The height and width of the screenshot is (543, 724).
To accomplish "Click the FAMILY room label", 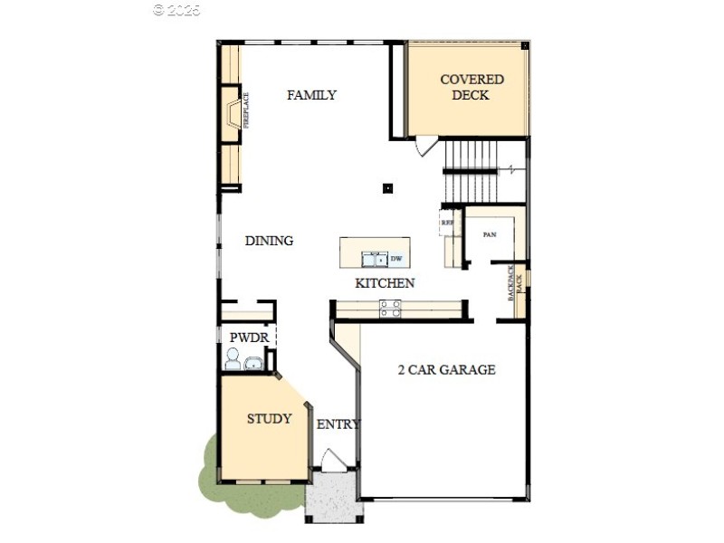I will point(311,95).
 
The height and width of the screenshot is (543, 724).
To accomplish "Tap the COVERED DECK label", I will point(471,87).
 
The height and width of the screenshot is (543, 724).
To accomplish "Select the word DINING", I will point(269,241).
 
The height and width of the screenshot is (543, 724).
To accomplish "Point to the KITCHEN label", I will point(385,283).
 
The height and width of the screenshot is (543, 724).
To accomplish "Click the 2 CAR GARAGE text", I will point(447,369).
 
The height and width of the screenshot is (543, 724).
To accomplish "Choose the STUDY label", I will point(270,419).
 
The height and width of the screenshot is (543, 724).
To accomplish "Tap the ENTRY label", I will point(338,424).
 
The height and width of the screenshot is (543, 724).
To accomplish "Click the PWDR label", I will point(247,338).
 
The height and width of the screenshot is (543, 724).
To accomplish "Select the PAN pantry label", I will point(490,234).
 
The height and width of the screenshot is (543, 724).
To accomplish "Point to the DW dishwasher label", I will point(396,258).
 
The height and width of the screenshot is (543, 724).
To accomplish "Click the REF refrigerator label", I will point(446,223).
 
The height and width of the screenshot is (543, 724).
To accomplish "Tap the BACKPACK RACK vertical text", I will point(515,283).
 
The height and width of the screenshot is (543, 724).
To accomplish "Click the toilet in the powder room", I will point(233,360).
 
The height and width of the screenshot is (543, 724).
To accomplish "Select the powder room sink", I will point(253,363).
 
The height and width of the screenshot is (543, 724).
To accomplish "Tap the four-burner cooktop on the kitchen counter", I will point(390,310).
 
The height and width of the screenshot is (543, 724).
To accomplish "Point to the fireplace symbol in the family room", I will point(232,114).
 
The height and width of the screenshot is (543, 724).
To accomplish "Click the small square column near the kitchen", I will point(387,188).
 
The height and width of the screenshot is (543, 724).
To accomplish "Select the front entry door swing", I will point(335,459).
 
